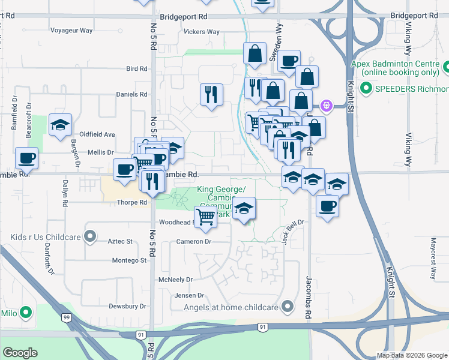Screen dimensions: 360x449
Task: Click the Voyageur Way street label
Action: click(x=71, y=30)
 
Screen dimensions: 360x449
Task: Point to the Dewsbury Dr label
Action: click(x=128, y=306)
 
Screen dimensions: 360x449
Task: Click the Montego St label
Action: click(x=129, y=260)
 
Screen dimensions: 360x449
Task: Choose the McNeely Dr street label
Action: click(x=175, y=280)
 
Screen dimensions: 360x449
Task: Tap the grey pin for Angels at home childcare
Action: click(x=288, y=307)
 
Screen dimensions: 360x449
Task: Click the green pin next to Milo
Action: click(x=26, y=313)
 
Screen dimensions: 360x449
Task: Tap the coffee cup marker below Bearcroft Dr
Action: click(x=26, y=160)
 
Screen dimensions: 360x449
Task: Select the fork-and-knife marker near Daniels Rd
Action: click(x=211, y=95)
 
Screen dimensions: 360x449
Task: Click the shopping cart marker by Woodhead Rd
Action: click(x=206, y=217)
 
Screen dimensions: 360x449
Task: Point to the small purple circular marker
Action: click(x=326, y=106)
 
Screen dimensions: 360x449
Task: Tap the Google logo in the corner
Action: click(x=20, y=353)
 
